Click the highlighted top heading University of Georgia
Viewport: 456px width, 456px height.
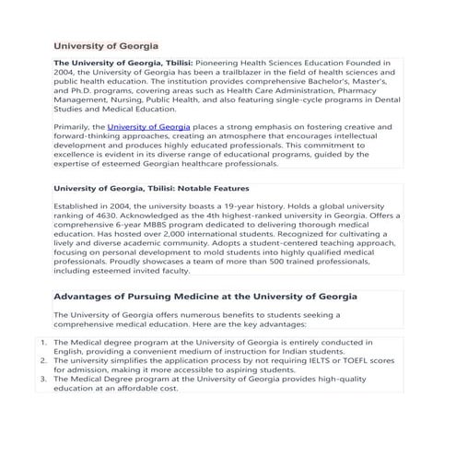106,45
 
